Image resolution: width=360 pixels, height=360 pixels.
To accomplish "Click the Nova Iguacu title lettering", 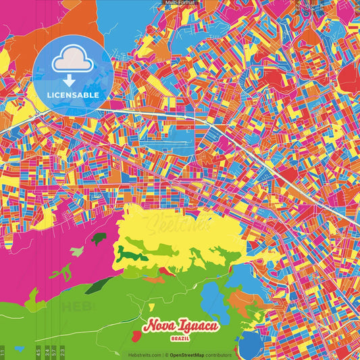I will click(180, 326).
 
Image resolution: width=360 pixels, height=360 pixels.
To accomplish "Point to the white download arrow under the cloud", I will click(70, 80).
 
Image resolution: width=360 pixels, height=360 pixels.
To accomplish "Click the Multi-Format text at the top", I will click(180, 3).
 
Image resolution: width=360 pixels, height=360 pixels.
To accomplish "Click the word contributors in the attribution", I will click(220, 355).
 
